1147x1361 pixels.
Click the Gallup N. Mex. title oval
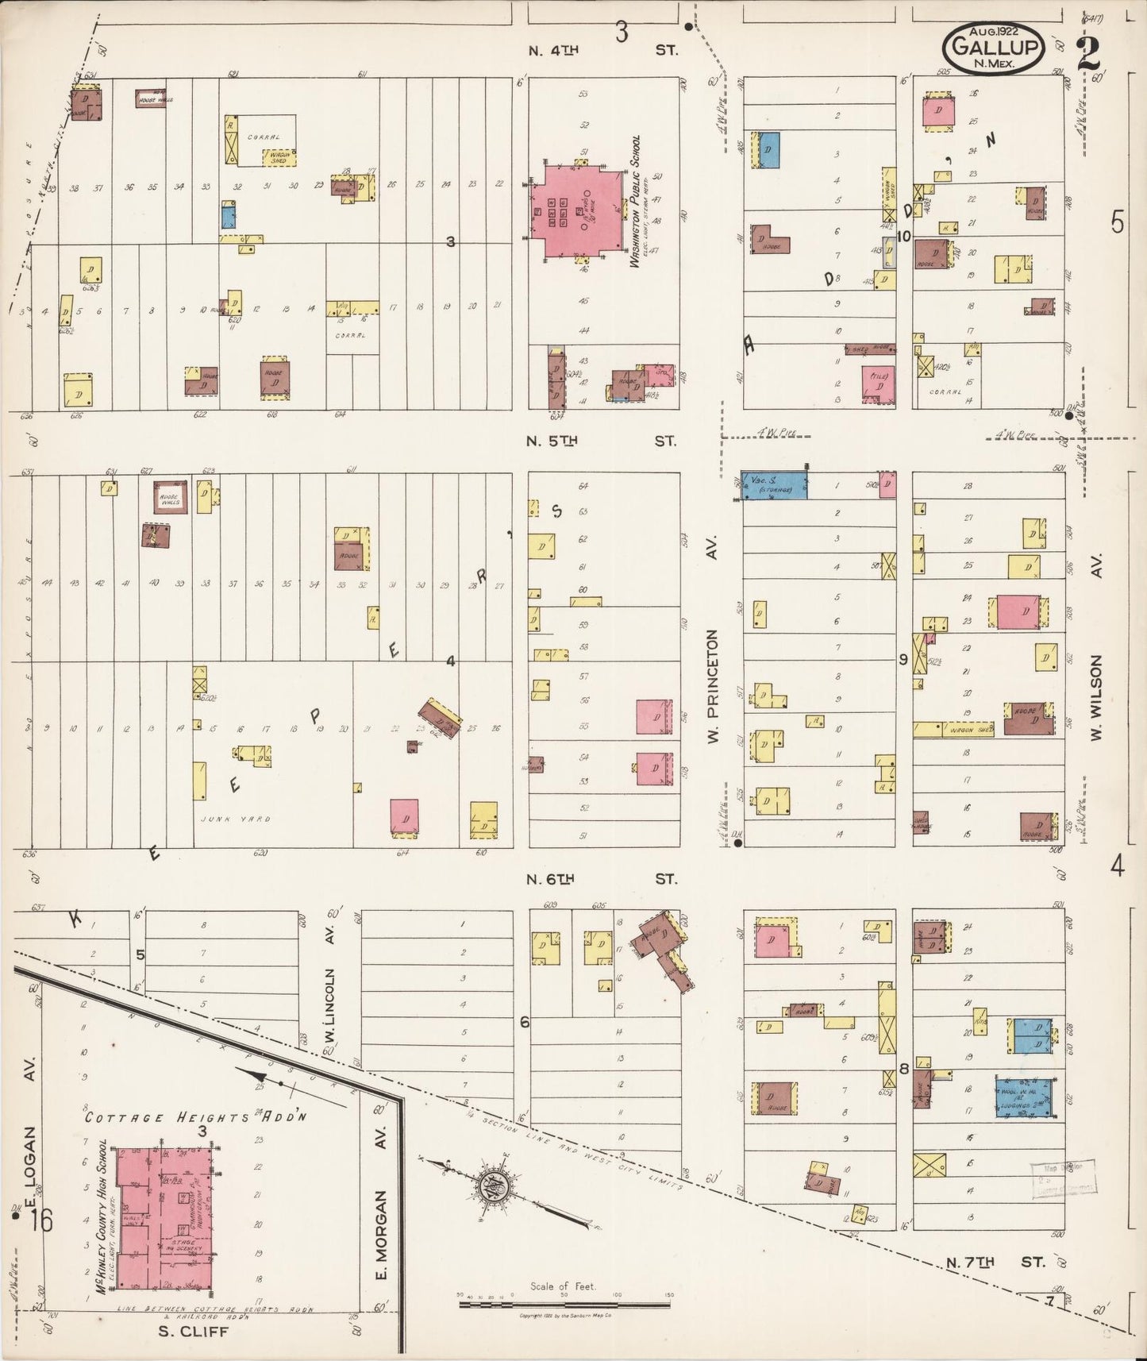tap(993, 48)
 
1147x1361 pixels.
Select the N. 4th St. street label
tap(603, 49)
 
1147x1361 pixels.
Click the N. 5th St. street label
tap(603, 440)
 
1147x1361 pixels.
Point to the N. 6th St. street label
tap(603, 879)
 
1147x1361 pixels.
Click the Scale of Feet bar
tap(565, 1304)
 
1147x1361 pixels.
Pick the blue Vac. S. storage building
tap(774, 485)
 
